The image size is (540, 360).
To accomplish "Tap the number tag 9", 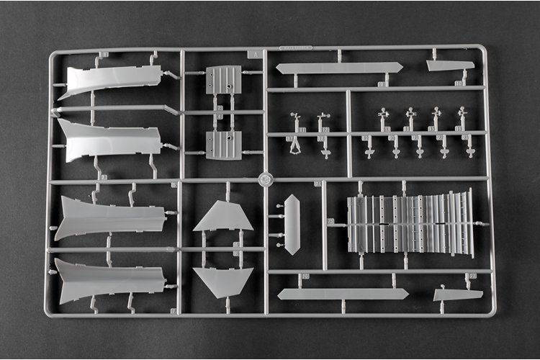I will pyautogui.click(x=381, y=84).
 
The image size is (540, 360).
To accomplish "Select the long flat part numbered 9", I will pyautogui.click(x=339, y=68).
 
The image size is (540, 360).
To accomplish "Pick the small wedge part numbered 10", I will pyautogui.click(x=450, y=65).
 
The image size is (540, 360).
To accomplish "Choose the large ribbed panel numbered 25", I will pyautogui.click(x=410, y=222).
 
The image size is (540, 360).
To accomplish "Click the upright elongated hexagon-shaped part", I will pyautogui.click(x=292, y=223).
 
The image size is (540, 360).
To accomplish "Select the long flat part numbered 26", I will pyautogui.click(x=343, y=294).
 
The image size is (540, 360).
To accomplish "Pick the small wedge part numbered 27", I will pyautogui.click(x=458, y=294).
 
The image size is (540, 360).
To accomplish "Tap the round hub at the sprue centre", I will pyautogui.click(x=265, y=179).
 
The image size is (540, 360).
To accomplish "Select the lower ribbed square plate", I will pyautogui.click(x=223, y=145).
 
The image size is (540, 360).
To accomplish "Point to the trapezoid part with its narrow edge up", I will pyautogui.click(x=223, y=217).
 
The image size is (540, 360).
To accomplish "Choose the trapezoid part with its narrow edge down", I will pyautogui.click(x=222, y=281).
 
